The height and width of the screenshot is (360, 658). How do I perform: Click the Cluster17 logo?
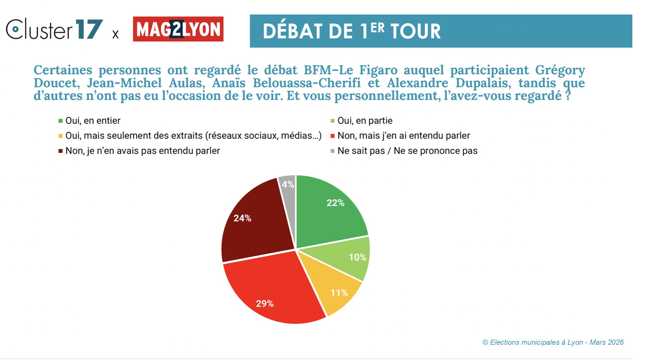54,29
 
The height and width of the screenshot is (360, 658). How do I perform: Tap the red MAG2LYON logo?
178,29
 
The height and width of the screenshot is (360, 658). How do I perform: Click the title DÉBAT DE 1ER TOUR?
352,31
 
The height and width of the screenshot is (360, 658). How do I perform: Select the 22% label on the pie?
335,203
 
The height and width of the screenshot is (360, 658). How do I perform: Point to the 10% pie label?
357,257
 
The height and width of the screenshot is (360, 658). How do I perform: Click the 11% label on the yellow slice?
339,293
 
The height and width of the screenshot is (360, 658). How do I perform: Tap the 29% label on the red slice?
265,304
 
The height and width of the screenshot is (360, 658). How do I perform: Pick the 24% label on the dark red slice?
242,218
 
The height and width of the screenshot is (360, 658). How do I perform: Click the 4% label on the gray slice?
288,185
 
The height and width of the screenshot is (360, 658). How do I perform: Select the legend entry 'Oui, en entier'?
93,121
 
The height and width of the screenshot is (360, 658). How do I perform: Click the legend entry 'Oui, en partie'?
365,121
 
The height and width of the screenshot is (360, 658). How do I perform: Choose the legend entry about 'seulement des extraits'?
193,136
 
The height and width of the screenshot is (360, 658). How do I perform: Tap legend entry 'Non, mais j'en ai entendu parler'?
404,136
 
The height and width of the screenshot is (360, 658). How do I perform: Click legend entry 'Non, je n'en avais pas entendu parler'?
142,151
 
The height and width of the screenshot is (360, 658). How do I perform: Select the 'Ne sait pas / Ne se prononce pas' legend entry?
407,151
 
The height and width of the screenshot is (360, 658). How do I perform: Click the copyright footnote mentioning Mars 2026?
553,342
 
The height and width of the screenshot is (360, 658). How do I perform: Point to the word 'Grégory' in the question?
560,70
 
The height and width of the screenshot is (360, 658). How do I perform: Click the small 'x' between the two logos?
115,34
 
